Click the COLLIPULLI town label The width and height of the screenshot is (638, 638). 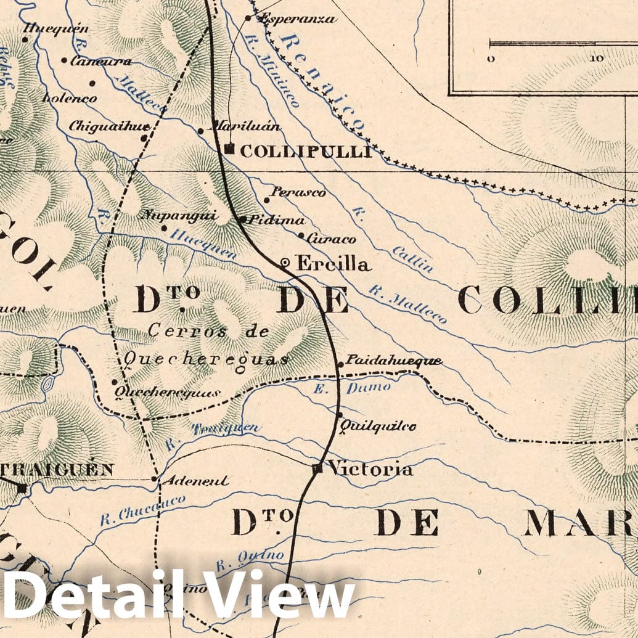(x=306, y=152)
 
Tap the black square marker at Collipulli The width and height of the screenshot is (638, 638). (x=229, y=149)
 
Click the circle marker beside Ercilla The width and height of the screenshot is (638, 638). (x=285, y=263)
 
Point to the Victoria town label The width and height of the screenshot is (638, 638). (x=370, y=469)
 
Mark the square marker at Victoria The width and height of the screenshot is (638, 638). (x=317, y=469)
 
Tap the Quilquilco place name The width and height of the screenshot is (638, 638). (x=378, y=426)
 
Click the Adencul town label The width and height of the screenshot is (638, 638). (x=194, y=481)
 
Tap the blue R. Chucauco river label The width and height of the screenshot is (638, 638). (x=142, y=510)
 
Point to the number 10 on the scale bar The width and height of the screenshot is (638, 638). (x=597, y=59)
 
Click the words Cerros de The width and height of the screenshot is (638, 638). (x=209, y=331)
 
